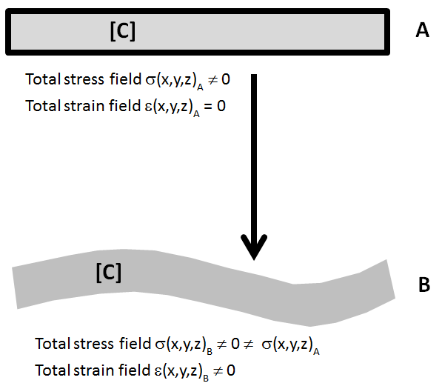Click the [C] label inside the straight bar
coord(122,32)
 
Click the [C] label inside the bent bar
coord(108,272)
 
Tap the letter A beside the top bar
coord(422,30)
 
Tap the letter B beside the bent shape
coord(424,285)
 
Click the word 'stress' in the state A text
coord(80,79)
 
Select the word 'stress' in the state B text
coord(90,344)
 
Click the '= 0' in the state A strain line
coord(214,106)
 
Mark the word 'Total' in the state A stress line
coord(41,79)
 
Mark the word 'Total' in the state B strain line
coord(51,369)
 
